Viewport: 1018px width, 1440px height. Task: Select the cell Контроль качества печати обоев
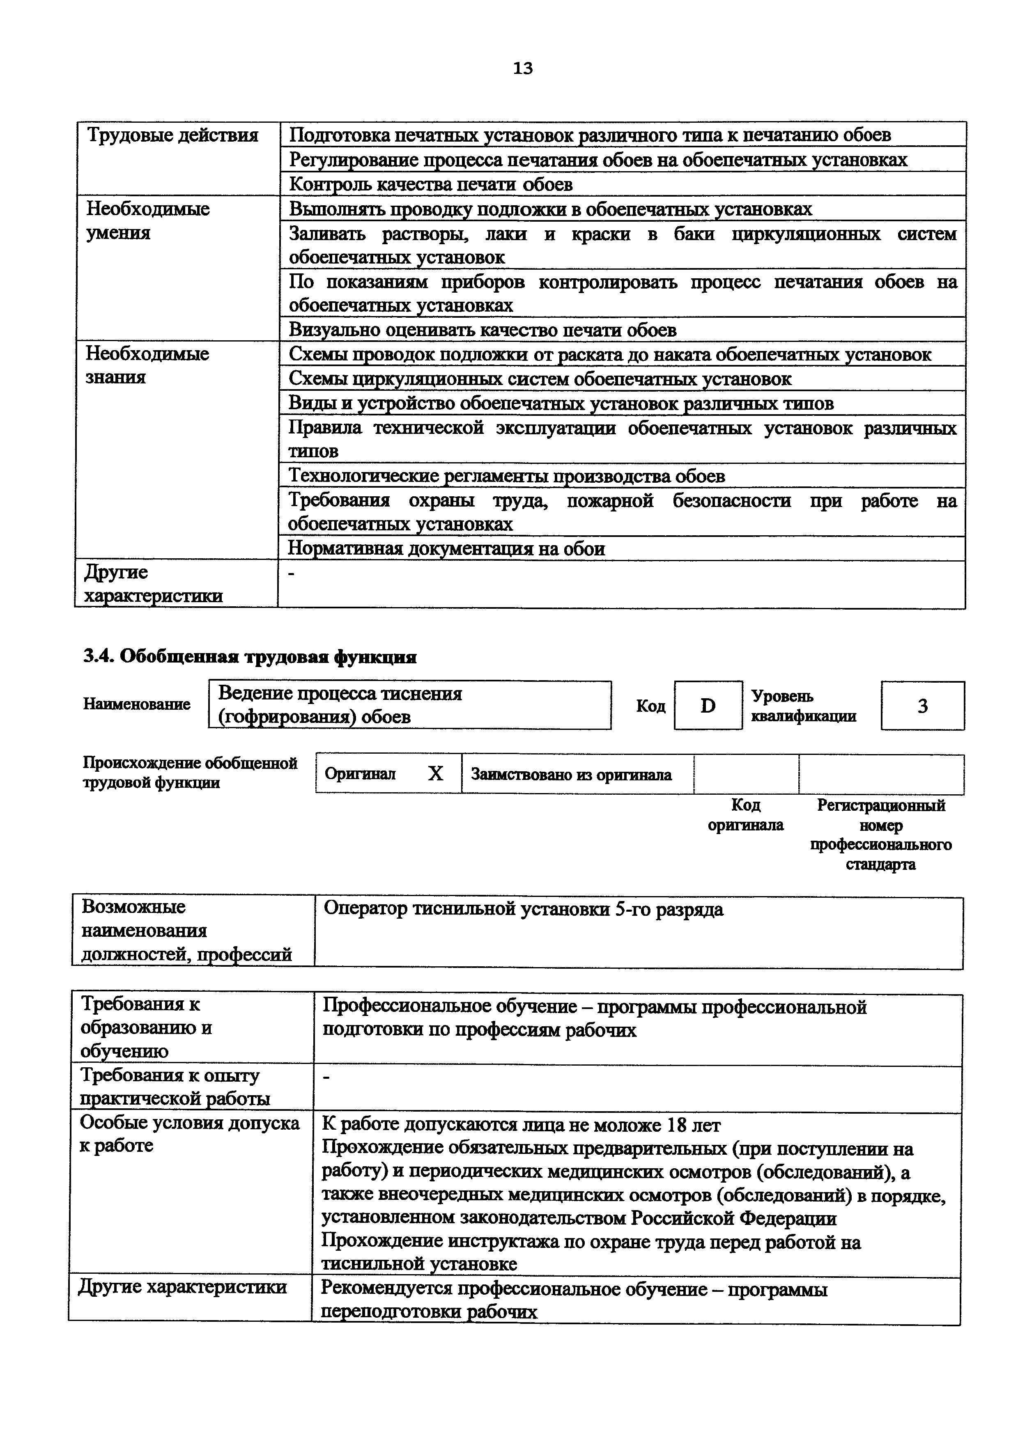[x=430, y=184]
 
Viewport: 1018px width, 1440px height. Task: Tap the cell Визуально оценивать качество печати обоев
[x=483, y=330]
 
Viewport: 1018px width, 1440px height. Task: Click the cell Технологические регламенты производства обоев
[x=506, y=477]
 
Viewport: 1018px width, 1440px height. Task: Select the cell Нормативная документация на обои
[x=446, y=549]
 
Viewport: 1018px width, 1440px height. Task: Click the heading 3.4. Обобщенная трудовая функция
[x=250, y=657]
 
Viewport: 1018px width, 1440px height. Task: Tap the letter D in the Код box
[x=708, y=706]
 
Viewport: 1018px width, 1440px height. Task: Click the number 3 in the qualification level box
[x=922, y=706]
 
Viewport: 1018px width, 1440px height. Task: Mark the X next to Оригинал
[x=435, y=774]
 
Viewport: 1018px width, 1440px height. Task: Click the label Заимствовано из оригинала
[x=571, y=775]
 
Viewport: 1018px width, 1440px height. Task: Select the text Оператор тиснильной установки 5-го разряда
[x=523, y=909]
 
